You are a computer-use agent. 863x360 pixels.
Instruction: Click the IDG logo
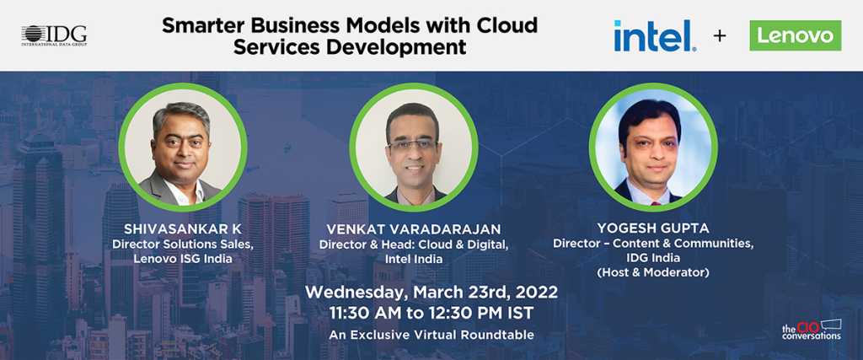54,35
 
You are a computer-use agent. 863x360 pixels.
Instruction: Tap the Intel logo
655,35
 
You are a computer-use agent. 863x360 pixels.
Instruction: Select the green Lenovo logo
796,35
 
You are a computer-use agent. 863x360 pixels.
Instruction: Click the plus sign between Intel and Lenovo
720,35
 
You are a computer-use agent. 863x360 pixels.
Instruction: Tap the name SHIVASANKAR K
183,229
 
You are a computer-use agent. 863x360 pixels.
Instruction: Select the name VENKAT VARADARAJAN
413,229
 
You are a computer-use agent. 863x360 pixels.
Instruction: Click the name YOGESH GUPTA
653,228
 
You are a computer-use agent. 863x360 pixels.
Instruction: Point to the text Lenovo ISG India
182,259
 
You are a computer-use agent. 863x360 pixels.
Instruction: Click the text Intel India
413,259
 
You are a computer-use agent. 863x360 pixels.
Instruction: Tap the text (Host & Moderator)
653,272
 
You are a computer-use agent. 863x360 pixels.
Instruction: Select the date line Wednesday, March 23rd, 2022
431,291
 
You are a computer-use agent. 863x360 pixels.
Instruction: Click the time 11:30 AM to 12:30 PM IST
431,313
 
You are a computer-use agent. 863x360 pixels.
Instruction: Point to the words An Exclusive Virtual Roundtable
431,335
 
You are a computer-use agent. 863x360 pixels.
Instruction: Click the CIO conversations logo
812,329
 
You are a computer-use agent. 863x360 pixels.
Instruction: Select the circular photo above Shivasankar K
183,148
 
